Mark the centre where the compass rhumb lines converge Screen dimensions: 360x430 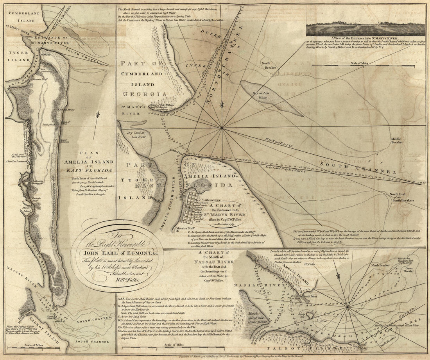tap(222, 127)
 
